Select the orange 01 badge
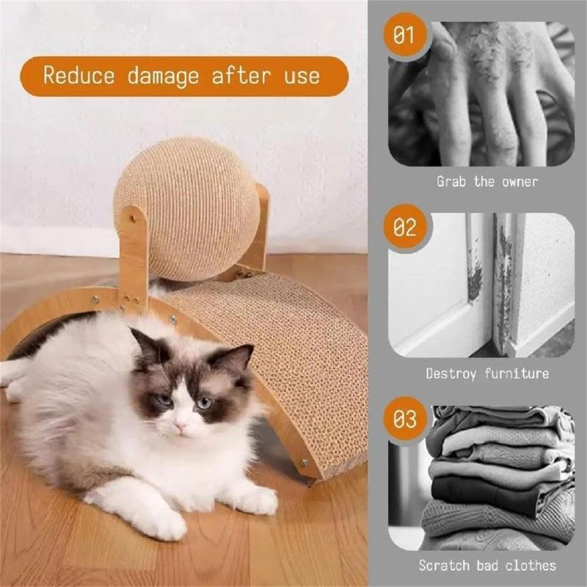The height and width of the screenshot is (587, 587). tap(404, 36)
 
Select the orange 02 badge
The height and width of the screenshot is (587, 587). tap(404, 227)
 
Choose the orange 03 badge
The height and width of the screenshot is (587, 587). tap(404, 420)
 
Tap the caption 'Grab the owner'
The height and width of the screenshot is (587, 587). tap(487, 181)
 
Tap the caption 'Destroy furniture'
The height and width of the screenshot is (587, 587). tap(487, 373)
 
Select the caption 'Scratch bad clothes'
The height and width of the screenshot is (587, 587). tap(487, 565)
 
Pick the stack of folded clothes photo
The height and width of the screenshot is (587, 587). tap(499, 477)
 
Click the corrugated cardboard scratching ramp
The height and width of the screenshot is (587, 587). tap(293, 345)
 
